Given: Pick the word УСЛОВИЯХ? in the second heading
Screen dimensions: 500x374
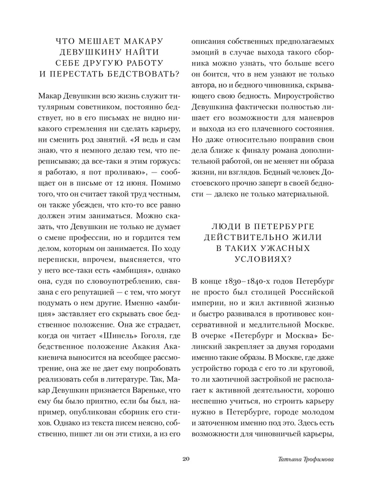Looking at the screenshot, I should click(263, 259).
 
